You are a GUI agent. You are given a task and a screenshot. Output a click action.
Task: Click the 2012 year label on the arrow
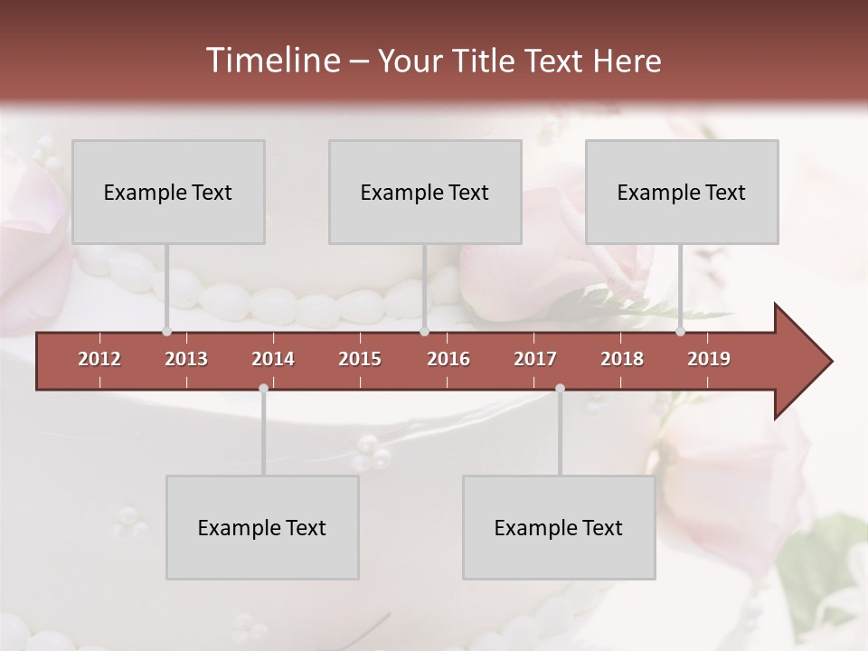pos(99,359)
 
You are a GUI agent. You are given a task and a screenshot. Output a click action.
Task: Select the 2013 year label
pos(186,359)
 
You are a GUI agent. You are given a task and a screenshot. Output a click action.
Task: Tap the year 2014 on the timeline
pos(273,359)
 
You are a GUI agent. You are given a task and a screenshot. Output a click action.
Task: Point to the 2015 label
pos(360,359)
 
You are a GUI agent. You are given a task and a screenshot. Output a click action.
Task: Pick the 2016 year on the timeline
pos(448,359)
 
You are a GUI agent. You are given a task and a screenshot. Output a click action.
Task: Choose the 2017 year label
pos(535,359)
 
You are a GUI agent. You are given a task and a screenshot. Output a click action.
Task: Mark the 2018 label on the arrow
pos(622,359)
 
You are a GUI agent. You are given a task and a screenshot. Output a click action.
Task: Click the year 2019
pos(709,359)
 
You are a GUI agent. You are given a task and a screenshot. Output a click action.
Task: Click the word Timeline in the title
pos(270,61)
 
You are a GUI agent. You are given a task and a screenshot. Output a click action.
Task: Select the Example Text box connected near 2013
pos(168,192)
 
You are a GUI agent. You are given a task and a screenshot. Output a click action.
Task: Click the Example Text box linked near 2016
pos(425,192)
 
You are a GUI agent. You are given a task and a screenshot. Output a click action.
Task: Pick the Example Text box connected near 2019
pos(682,192)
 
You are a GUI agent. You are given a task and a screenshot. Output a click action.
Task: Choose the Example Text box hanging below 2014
pos(262,527)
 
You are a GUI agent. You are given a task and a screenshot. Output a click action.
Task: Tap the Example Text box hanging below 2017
pos(559,527)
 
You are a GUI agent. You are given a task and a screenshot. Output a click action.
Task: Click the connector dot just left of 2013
pos(166,332)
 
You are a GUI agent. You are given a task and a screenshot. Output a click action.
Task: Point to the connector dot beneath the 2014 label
pos(263,389)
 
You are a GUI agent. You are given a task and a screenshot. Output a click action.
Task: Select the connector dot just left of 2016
pos(424,332)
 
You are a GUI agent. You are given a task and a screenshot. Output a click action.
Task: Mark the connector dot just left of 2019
pos(680,332)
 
